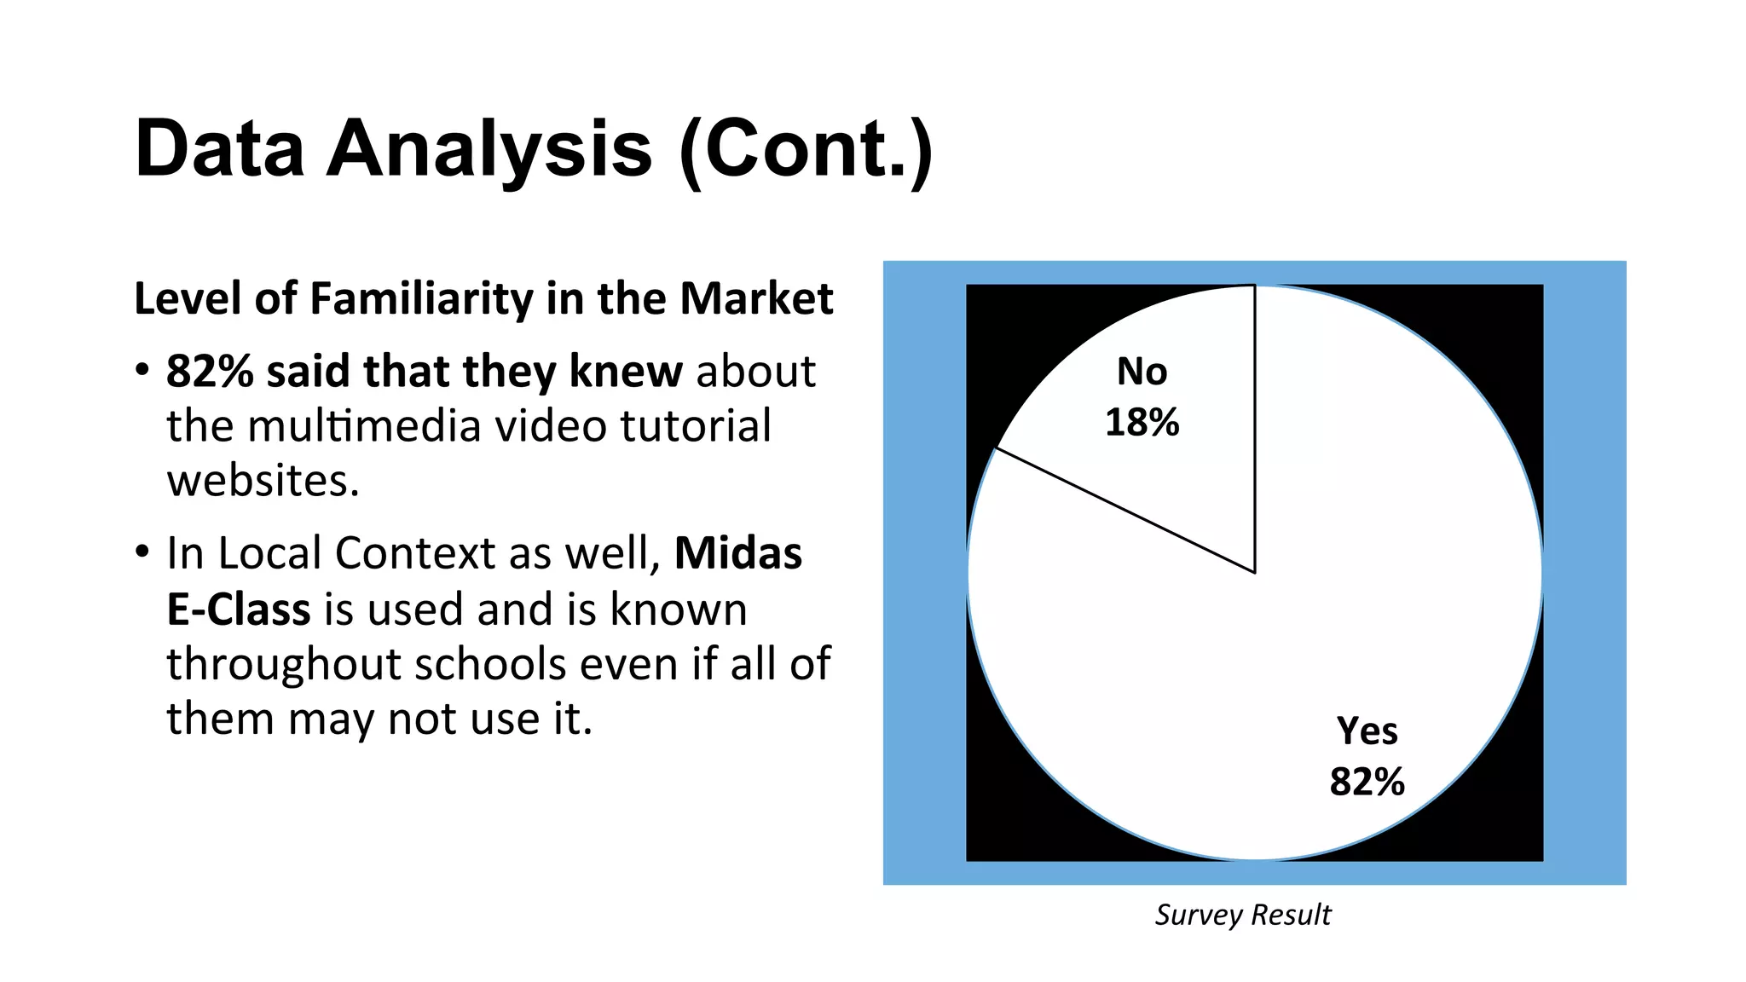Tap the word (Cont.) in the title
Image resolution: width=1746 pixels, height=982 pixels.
806,149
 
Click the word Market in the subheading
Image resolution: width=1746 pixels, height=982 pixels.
756,299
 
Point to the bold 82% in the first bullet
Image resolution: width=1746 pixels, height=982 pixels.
210,372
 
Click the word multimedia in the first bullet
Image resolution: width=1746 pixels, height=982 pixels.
364,426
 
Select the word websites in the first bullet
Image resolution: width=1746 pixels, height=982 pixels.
263,481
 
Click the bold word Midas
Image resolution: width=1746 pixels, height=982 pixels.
738,553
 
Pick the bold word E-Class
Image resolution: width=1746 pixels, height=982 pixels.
239,609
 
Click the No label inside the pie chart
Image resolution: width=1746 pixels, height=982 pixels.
1142,372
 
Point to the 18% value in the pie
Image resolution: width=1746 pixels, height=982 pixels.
1142,423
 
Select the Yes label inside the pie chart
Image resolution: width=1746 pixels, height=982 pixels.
1367,731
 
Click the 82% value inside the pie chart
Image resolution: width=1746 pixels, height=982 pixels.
1367,782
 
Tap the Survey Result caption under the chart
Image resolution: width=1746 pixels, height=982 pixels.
1242,915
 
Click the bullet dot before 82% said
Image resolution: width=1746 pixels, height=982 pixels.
142,372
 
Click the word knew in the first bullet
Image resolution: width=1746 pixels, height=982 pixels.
626,372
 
